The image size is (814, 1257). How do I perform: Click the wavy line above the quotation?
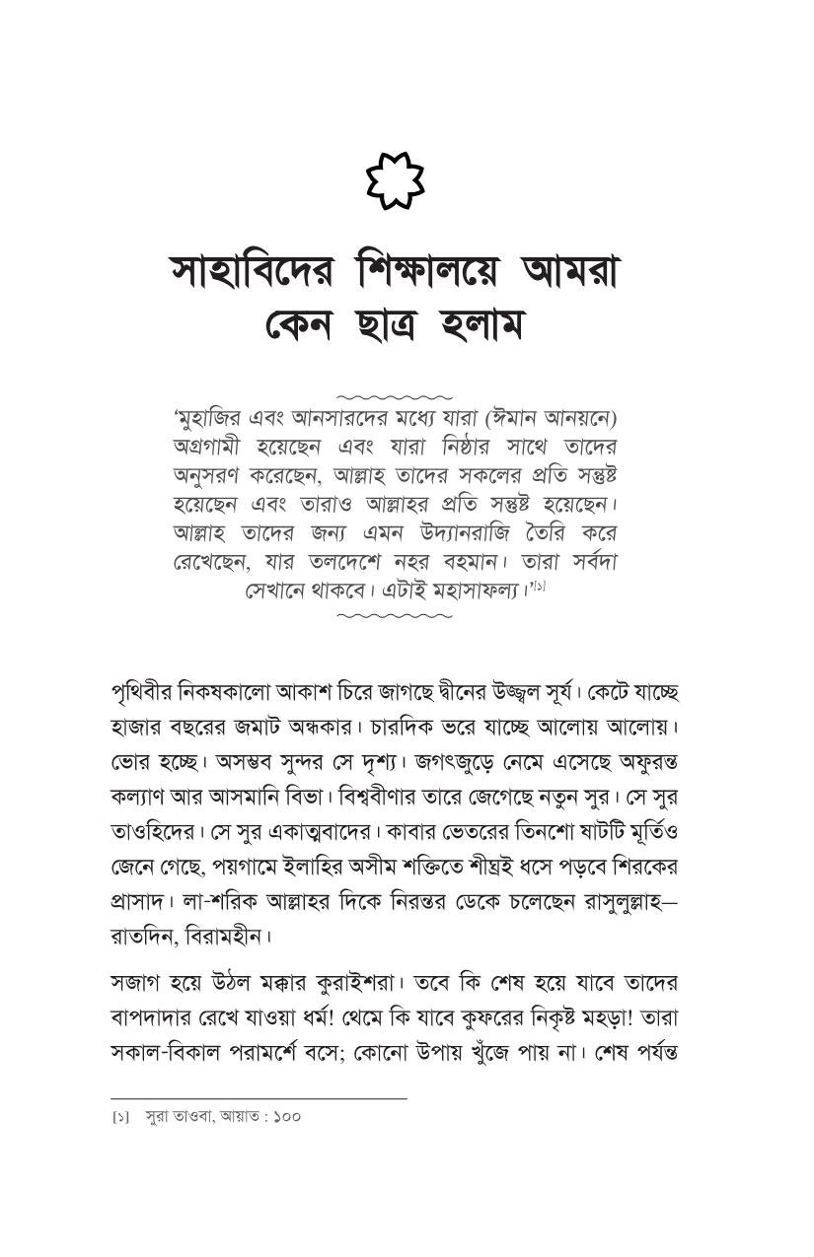(x=394, y=396)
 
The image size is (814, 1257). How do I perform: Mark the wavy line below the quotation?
(x=394, y=616)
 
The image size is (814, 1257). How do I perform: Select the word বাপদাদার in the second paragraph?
(x=151, y=1017)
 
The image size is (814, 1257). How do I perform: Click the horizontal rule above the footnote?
(x=259, y=1098)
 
